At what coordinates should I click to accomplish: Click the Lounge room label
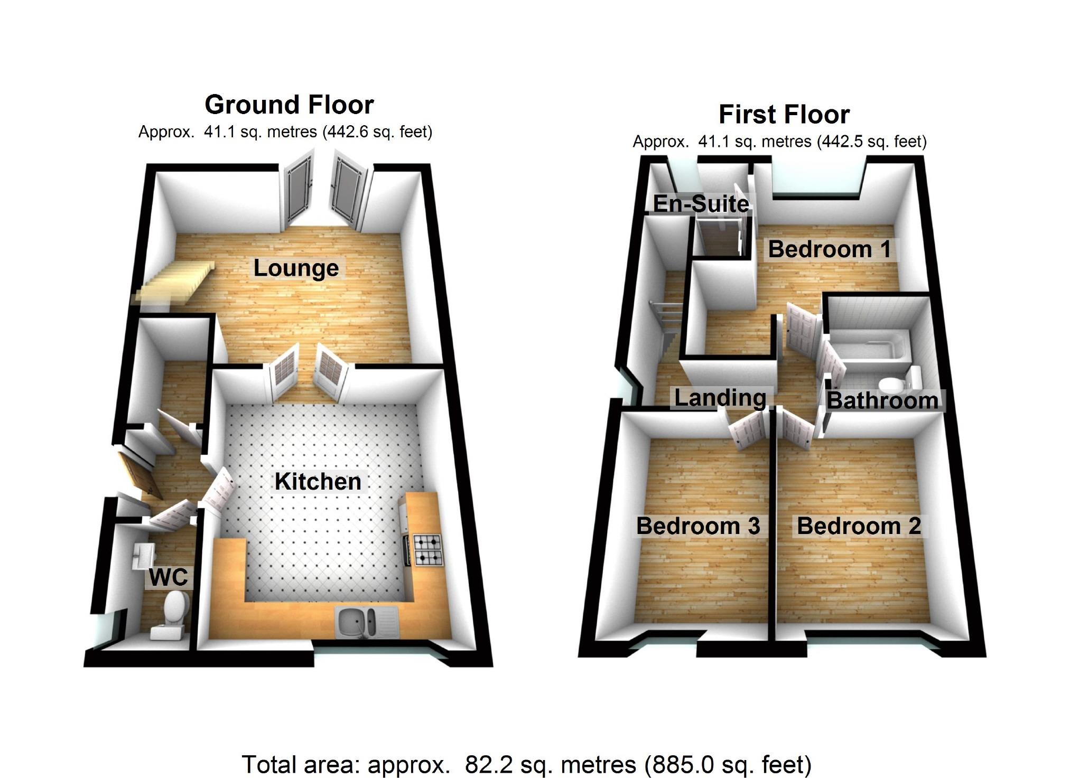[296, 268]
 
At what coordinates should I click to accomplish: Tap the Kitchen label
[318, 482]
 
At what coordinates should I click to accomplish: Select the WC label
[168, 577]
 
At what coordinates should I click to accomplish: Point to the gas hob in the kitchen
[427, 550]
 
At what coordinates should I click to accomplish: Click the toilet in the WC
[172, 614]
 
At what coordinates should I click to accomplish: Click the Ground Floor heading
[289, 105]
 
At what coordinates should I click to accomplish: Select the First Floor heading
[784, 115]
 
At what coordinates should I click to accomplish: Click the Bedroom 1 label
[830, 249]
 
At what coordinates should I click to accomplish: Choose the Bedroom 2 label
[859, 526]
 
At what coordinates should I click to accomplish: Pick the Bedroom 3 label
[698, 526]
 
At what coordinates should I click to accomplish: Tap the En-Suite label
[701, 204]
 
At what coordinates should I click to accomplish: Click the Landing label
[720, 398]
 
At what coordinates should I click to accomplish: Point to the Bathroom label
[882, 400]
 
